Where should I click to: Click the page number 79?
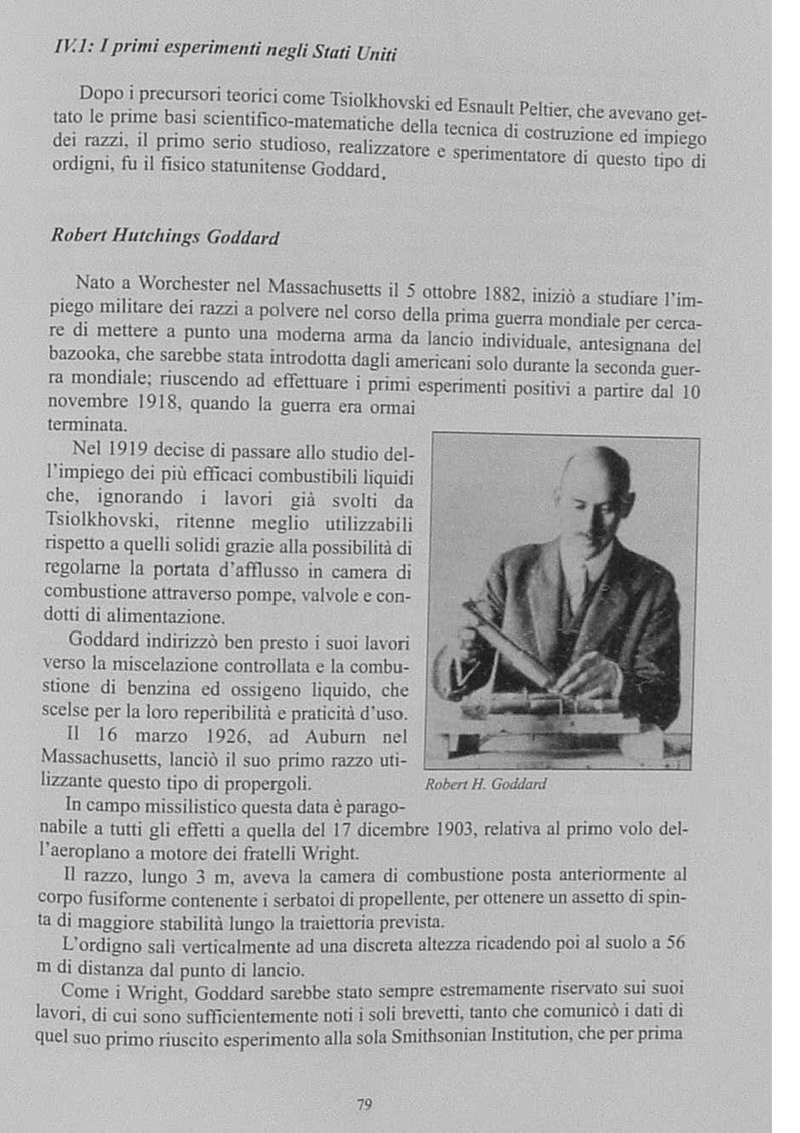(364, 1105)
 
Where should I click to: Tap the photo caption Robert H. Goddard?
(484, 783)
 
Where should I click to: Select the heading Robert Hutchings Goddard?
(165, 236)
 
